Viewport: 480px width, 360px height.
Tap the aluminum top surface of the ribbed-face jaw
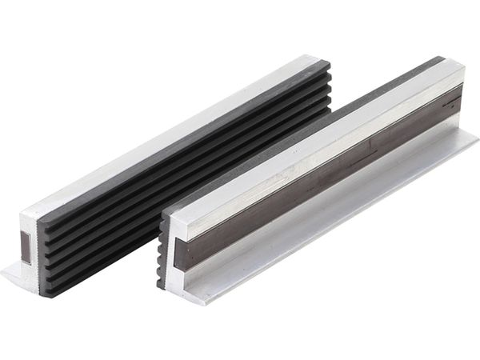click(160, 136)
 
